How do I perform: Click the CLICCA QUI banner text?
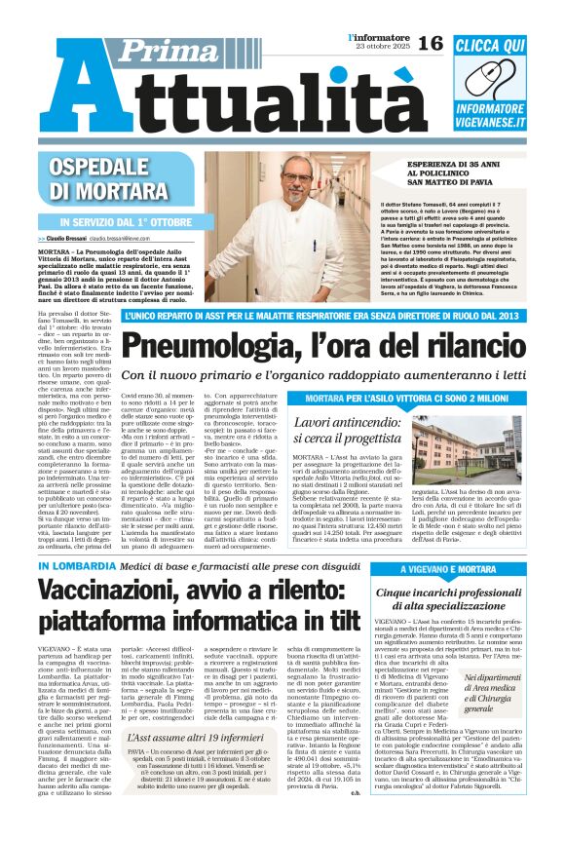505,46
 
